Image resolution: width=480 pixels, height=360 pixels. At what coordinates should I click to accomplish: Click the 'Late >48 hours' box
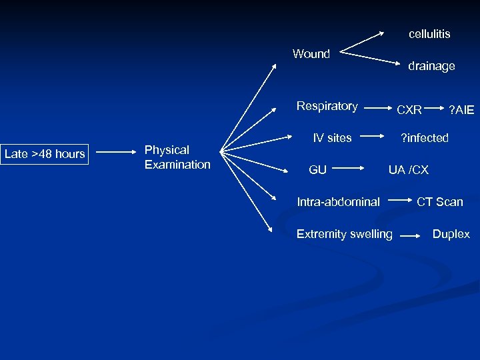point(45,154)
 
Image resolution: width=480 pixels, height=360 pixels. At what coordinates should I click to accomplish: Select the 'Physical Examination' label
point(177,157)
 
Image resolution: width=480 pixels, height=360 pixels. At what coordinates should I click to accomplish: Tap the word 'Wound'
point(311,54)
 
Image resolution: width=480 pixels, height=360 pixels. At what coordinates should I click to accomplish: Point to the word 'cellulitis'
point(429,33)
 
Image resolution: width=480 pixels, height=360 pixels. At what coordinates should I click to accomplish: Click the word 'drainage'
point(431,66)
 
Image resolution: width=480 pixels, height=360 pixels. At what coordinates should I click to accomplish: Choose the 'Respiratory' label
point(327,106)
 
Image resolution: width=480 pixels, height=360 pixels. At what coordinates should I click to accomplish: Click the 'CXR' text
point(409,109)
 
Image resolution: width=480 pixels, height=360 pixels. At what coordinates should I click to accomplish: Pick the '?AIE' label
point(461,109)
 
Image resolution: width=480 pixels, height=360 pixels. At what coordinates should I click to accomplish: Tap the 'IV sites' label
point(332,138)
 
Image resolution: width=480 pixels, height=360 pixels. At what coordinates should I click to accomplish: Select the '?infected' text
point(424,138)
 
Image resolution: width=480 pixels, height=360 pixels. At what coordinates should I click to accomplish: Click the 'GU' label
point(317,170)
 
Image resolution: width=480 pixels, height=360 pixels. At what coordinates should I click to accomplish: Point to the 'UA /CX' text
point(409,170)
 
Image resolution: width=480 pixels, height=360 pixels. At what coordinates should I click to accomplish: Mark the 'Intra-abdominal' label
point(339,201)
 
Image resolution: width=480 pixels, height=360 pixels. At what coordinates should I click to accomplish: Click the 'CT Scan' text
point(439,202)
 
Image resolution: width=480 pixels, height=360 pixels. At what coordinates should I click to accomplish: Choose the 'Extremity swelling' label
point(344,234)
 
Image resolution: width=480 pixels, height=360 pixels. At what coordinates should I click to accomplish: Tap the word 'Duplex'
point(451,234)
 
